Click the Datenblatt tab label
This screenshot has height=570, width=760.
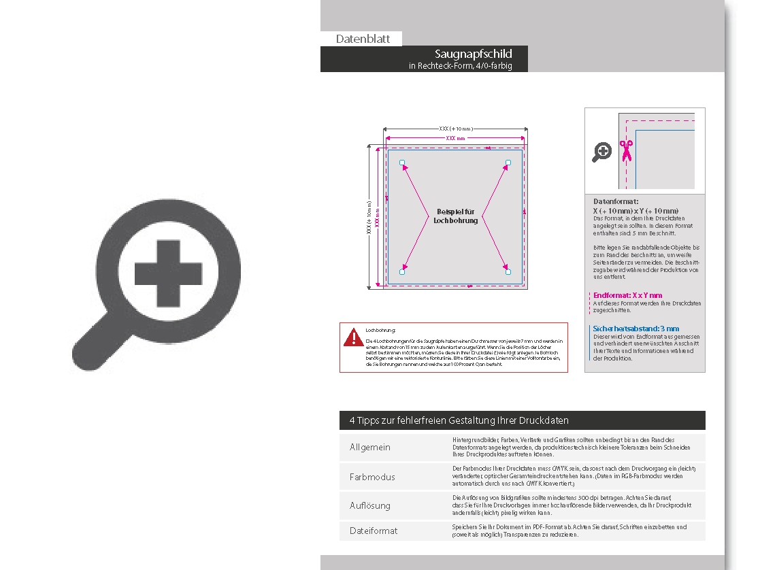coord(363,39)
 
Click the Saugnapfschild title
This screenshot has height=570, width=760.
coord(473,54)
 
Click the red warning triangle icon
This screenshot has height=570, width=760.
coord(353,337)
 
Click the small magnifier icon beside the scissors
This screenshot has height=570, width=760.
coord(601,152)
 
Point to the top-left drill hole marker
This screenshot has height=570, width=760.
coord(402,163)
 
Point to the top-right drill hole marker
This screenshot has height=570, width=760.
coord(508,163)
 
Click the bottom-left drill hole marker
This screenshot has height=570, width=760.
coord(402,272)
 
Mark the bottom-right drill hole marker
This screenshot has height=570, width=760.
coord(508,272)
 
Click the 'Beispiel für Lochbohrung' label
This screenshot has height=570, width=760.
coord(455,216)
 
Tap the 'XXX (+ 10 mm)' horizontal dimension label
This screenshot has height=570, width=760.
coord(455,129)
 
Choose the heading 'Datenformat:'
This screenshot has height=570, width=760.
coord(616,202)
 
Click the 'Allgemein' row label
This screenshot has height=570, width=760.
coord(370,448)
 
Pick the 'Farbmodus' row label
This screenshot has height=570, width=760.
coord(372,477)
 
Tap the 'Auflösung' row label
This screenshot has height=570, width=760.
coord(370,505)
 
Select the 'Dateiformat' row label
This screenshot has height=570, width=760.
coord(374,531)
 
